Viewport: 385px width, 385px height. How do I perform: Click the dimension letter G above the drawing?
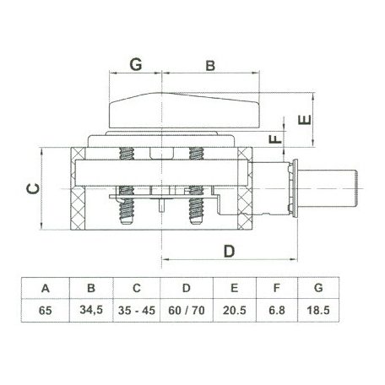[x=136, y=65]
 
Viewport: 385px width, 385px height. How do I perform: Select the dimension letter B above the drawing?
[x=210, y=66]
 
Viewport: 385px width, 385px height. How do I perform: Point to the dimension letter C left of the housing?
[x=33, y=188]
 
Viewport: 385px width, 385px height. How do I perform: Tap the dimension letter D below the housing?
[x=229, y=252]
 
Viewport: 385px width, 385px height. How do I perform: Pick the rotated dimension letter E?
[x=305, y=119]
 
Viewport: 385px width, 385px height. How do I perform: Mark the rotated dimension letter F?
[x=275, y=138]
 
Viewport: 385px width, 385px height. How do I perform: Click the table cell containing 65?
[x=46, y=311]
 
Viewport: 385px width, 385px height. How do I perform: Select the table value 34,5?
[x=91, y=310]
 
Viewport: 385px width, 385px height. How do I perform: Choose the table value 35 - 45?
[x=137, y=310]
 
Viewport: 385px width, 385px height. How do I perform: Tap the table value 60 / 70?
[x=187, y=310]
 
